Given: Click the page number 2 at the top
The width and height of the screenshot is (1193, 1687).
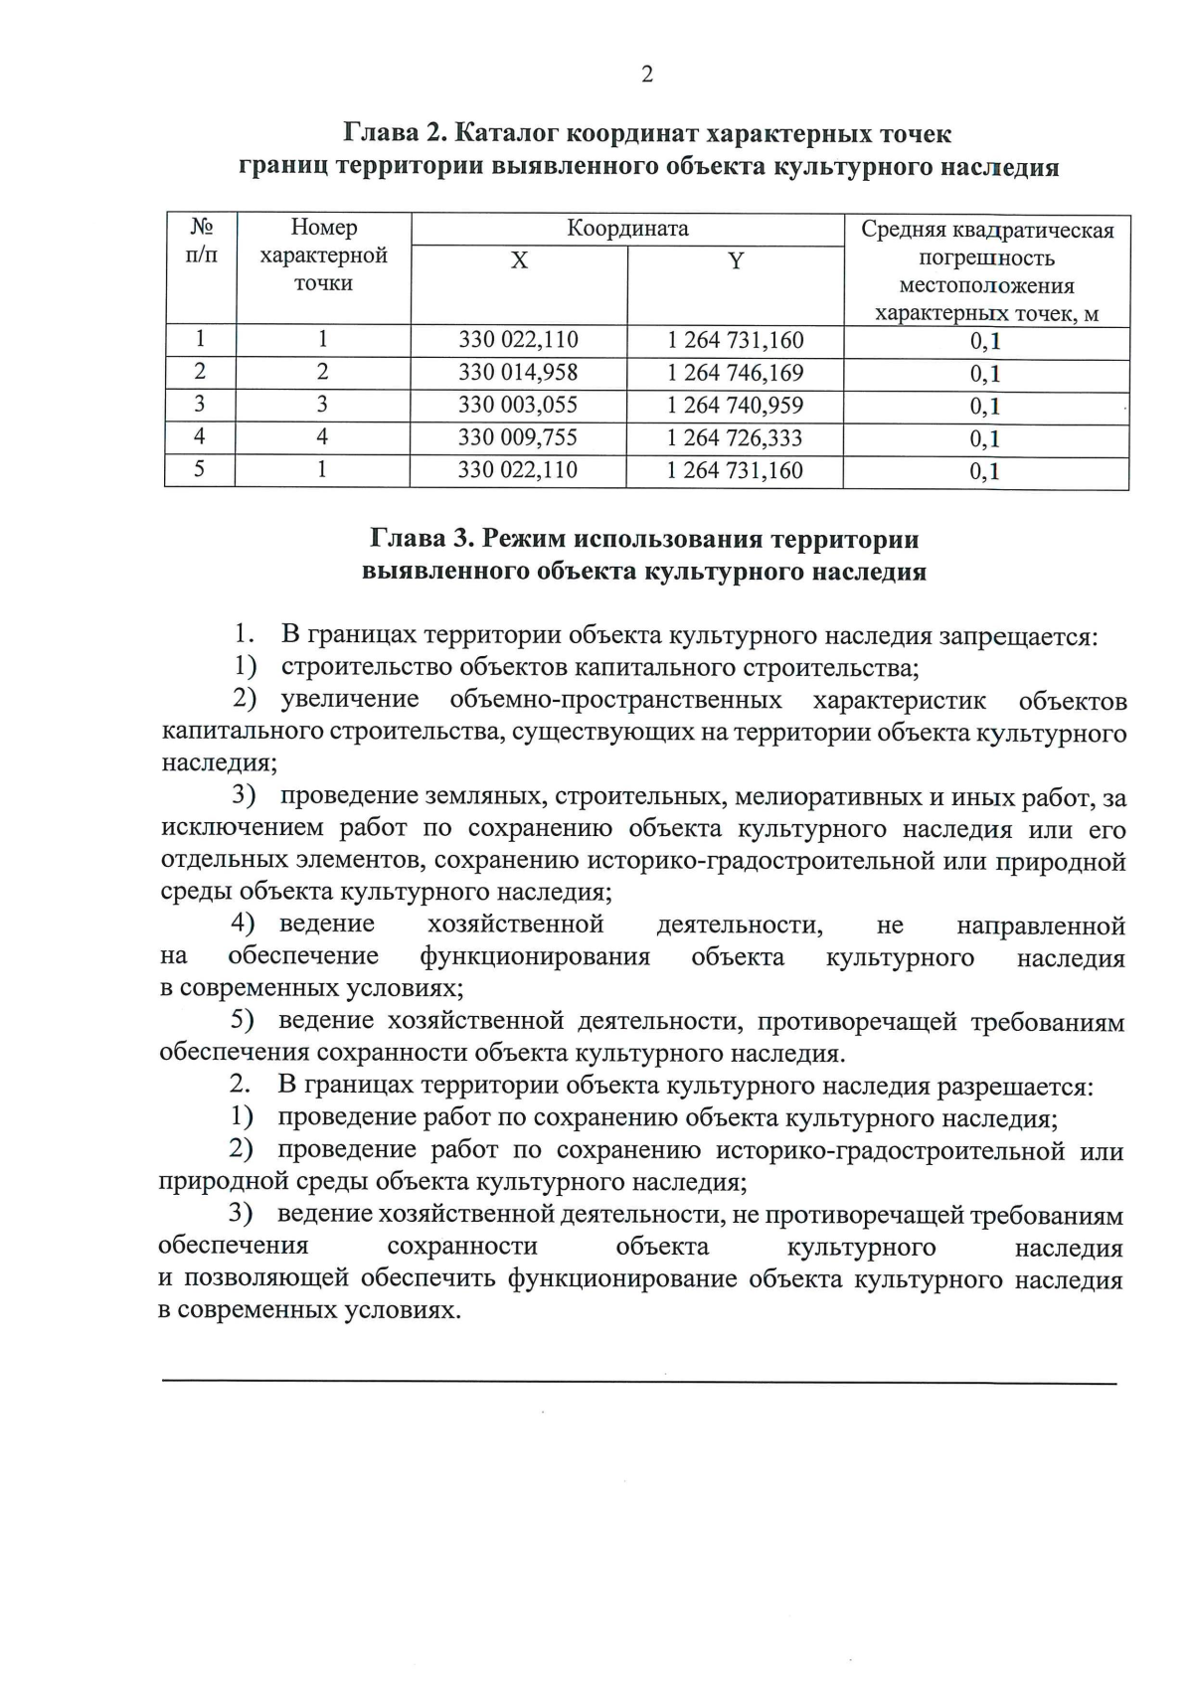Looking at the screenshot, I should point(647,75).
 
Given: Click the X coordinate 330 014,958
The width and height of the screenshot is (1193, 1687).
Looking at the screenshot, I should point(518,373).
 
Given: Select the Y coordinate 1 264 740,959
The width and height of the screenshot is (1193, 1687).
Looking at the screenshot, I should point(735,406).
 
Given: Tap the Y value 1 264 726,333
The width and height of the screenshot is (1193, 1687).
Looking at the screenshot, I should point(735,438).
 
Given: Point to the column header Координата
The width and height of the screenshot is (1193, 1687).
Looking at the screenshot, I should point(627,229).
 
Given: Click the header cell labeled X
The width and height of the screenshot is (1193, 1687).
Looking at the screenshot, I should point(519,261).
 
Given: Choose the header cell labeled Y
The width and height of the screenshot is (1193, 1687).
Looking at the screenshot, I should point(736,261).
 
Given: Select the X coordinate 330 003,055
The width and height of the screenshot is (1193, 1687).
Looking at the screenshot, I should point(518,406).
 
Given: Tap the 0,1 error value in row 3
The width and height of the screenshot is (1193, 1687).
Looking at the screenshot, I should point(985,407).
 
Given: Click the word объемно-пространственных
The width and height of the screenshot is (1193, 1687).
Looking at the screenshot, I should point(615,701).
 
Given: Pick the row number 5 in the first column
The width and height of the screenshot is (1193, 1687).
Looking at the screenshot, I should point(200,469).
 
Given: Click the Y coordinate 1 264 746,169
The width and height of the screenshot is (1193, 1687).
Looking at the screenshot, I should point(735,373).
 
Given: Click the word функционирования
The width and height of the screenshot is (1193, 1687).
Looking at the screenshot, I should point(535,957).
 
